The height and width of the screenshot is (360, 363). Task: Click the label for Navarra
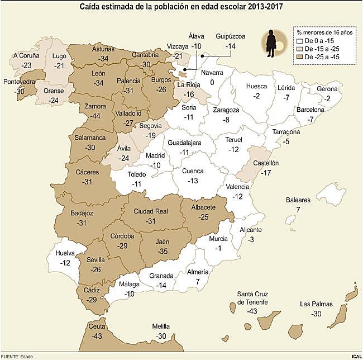212,73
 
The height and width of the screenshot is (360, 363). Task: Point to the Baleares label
298,200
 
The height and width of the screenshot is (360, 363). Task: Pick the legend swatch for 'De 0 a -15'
299,41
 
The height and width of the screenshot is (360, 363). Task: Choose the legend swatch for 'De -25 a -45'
299,56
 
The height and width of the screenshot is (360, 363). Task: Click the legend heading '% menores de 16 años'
324,32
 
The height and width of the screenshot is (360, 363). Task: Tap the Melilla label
162,326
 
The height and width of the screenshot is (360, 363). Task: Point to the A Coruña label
27,56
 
